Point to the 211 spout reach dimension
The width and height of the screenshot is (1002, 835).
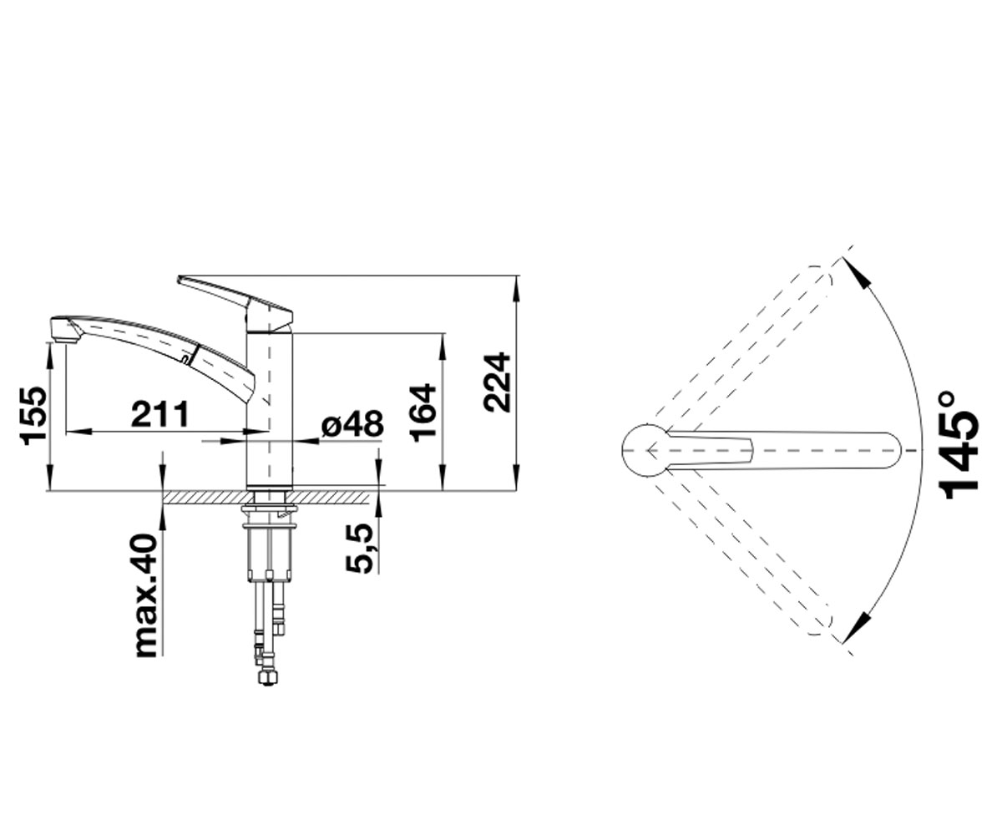160,414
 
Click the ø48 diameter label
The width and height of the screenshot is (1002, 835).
352,423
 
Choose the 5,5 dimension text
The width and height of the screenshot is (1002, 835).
359,549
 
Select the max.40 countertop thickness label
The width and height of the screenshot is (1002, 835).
146,595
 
